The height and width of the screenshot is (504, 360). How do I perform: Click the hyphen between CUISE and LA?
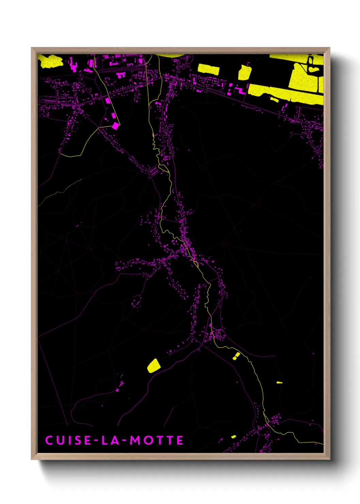pyautogui.click(x=97, y=441)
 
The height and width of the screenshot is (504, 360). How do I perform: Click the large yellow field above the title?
pyautogui.click(x=153, y=366)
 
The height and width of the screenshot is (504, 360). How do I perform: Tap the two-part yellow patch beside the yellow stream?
pyautogui.click(x=236, y=356)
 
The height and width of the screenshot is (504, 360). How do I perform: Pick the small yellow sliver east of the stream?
pyautogui.click(x=279, y=382)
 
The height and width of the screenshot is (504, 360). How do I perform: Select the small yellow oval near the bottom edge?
pyautogui.click(x=233, y=437)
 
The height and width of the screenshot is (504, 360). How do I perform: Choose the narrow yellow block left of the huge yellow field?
pyautogui.click(x=244, y=73)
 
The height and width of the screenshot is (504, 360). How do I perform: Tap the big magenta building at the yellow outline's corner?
pyautogui.click(x=116, y=126)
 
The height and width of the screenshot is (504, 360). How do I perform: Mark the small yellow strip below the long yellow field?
pyautogui.click(x=274, y=99)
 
